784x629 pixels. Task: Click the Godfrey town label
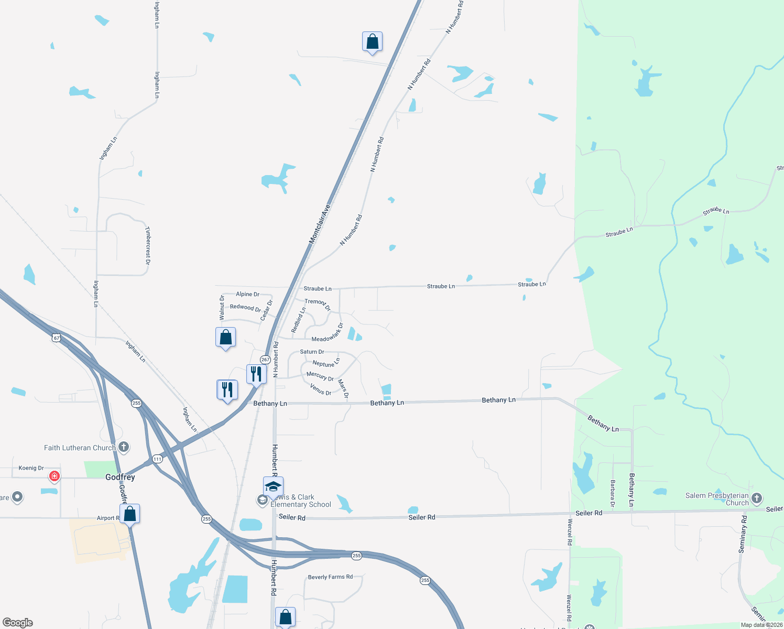pos(120,477)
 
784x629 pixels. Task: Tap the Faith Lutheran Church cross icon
pos(124,447)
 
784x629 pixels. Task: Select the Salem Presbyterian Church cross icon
pos(756,498)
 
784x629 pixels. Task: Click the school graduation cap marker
pos(273,487)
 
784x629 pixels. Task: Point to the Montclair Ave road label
pos(320,224)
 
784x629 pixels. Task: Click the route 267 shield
pos(265,360)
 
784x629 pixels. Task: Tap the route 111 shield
pos(157,459)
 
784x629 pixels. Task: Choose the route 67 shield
pos(57,338)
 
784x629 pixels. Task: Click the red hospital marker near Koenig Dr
pos(54,476)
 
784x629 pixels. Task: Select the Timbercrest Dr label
pos(148,245)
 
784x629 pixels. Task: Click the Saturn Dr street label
pos(312,352)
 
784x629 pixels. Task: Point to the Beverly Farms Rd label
pos(330,577)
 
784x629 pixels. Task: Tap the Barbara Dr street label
pos(612,493)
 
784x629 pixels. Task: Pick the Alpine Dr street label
pos(247,294)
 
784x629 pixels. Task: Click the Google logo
pos(18,623)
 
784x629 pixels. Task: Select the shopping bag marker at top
pos(372,41)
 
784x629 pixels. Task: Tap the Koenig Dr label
pos(31,468)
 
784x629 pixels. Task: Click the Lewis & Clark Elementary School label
pos(300,501)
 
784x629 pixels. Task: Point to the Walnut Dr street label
pos(222,308)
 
